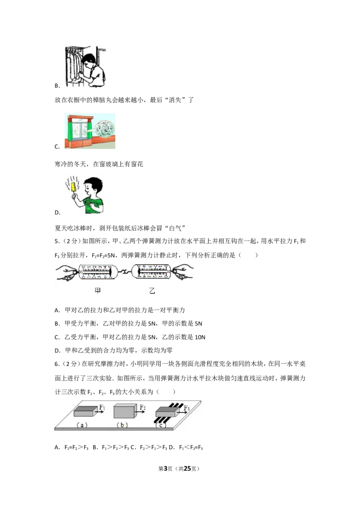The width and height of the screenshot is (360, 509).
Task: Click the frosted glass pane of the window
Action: pos(81,133)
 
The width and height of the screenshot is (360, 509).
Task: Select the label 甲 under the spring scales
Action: pos(96,291)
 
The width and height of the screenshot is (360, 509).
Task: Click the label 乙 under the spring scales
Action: pos(152,291)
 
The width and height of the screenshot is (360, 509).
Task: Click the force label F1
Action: pos(102,407)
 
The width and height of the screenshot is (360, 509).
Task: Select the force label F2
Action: pos(142,407)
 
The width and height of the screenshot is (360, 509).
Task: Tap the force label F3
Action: pos(186,409)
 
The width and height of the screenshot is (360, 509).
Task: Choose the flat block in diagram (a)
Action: pos(84,411)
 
